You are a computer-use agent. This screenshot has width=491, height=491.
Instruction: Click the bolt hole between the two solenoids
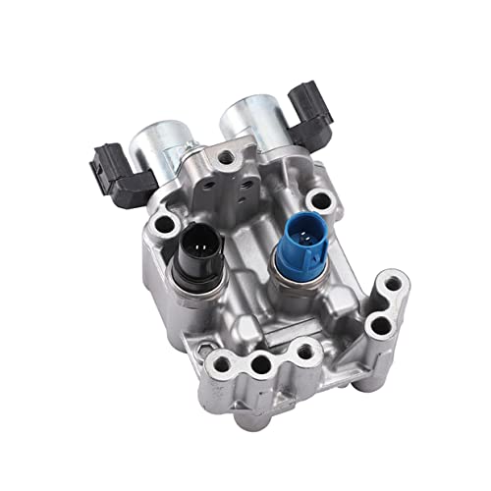tap(228, 158)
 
